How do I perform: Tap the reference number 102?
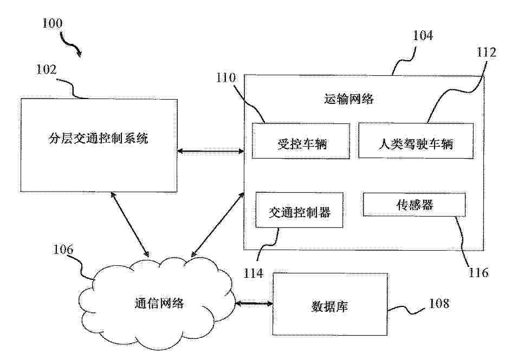[47, 70]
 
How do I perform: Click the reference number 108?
[438, 303]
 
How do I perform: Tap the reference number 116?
[478, 272]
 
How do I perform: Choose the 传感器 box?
[414, 205]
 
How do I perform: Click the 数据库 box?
[328, 305]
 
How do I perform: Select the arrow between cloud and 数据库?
[254, 304]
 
